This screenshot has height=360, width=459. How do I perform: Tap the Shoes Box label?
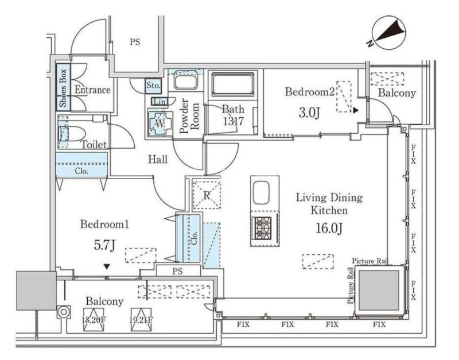[63, 89]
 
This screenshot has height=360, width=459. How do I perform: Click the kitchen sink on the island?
[264, 193]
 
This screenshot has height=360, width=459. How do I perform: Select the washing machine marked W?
[159, 122]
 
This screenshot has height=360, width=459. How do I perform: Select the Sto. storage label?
[154, 86]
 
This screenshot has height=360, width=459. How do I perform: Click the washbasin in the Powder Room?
[185, 81]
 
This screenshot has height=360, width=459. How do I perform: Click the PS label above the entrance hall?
[135, 42]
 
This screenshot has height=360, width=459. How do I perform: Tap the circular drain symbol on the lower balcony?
[64, 312]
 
